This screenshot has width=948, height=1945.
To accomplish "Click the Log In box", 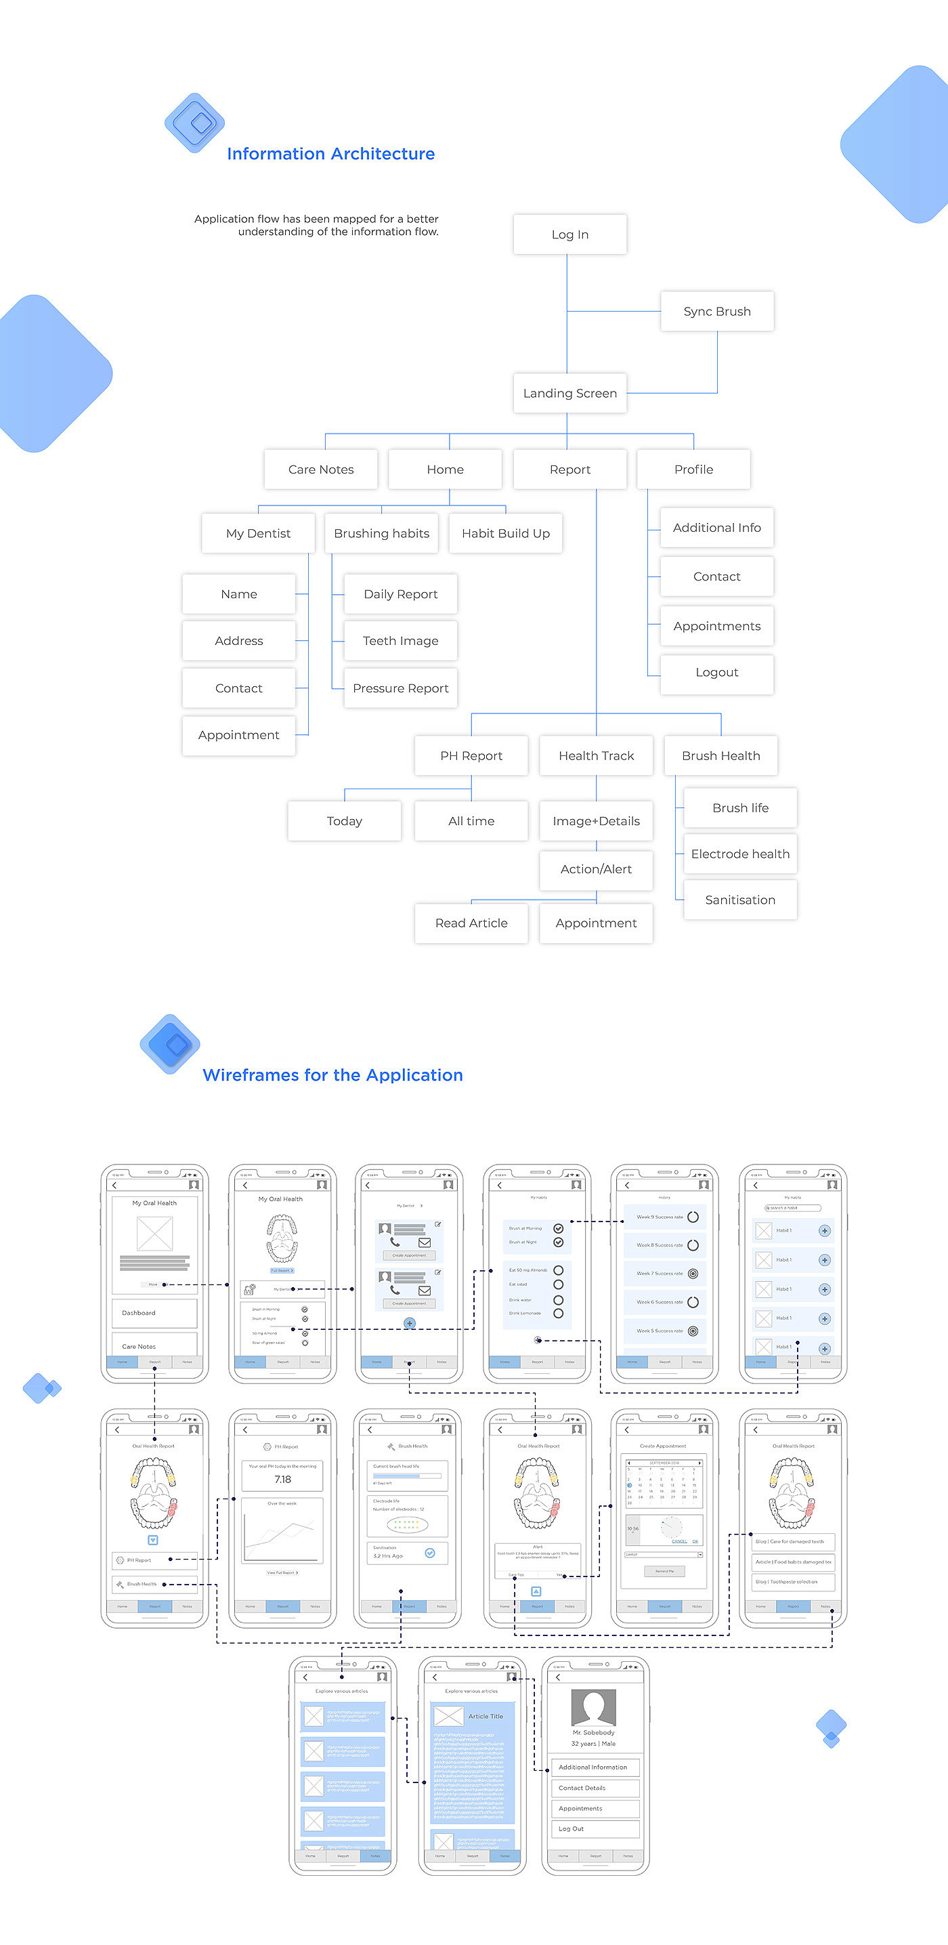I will (570, 234).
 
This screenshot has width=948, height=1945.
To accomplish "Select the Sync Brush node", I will (717, 311).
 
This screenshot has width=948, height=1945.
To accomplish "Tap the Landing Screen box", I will (570, 393).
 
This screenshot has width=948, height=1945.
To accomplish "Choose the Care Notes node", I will (321, 469).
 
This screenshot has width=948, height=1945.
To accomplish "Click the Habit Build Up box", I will (506, 533).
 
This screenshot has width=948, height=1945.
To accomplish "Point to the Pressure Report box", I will (401, 688).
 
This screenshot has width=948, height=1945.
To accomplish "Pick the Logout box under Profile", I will (717, 672).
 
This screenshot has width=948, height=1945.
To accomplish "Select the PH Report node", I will (471, 755).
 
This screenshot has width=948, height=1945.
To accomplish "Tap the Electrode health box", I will (739, 853).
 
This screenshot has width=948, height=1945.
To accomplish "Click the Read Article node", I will (471, 923).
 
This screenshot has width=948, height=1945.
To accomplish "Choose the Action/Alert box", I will (597, 869).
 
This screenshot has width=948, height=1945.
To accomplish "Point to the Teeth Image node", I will (401, 640).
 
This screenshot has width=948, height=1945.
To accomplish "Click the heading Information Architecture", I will (330, 154).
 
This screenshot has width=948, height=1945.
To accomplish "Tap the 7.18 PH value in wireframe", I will (282, 1479).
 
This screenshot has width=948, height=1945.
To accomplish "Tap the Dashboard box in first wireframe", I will (155, 1313).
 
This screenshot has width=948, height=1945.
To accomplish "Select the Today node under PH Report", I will (344, 820).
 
